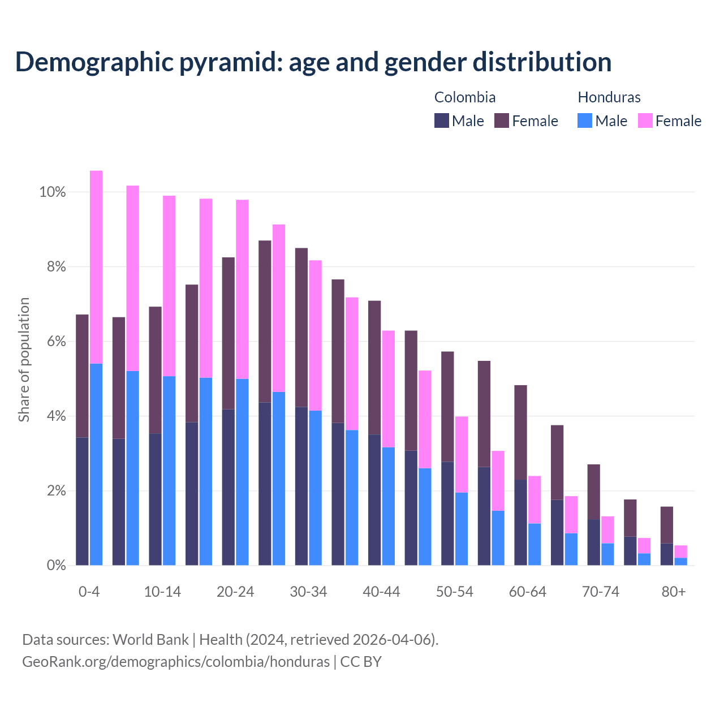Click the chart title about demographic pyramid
[x=313, y=62]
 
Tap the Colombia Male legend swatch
[x=441, y=120]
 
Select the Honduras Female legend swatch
[x=645, y=120]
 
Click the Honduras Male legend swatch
[x=585, y=120]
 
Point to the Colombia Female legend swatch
[x=502, y=120]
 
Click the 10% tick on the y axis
[x=53, y=192]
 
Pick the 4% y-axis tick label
[x=56, y=416]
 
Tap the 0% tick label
[x=56, y=566]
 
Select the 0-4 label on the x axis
[x=89, y=592]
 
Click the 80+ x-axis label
[x=674, y=592]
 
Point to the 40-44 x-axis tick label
[x=381, y=592]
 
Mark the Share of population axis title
[x=24, y=360]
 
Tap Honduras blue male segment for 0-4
[x=96, y=464]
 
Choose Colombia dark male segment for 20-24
[x=228, y=486]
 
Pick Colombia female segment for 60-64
[x=520, y=432]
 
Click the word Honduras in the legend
[x=609, y=97]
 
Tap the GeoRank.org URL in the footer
[x=175, y=661]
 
